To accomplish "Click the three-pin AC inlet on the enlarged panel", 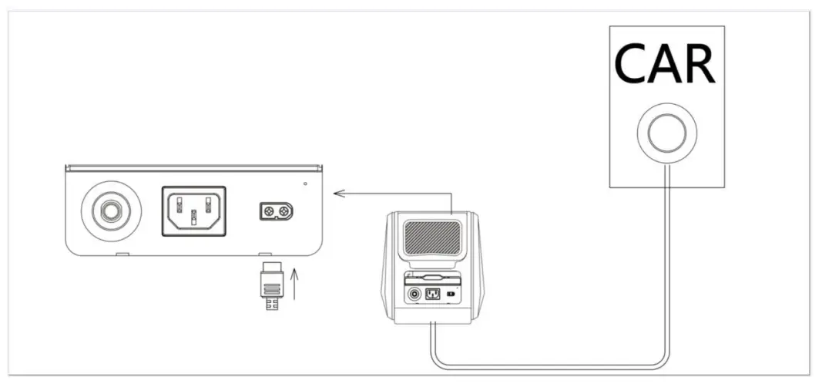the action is (x=193, y=211).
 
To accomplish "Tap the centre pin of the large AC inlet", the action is (x=193, y=221).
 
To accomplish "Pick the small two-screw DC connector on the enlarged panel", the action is (x=276, y=211).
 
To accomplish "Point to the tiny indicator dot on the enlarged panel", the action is (x=306, y=184).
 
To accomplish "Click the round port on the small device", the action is (x=414, y=294).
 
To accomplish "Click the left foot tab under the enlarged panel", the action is (x=121, y=254).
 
